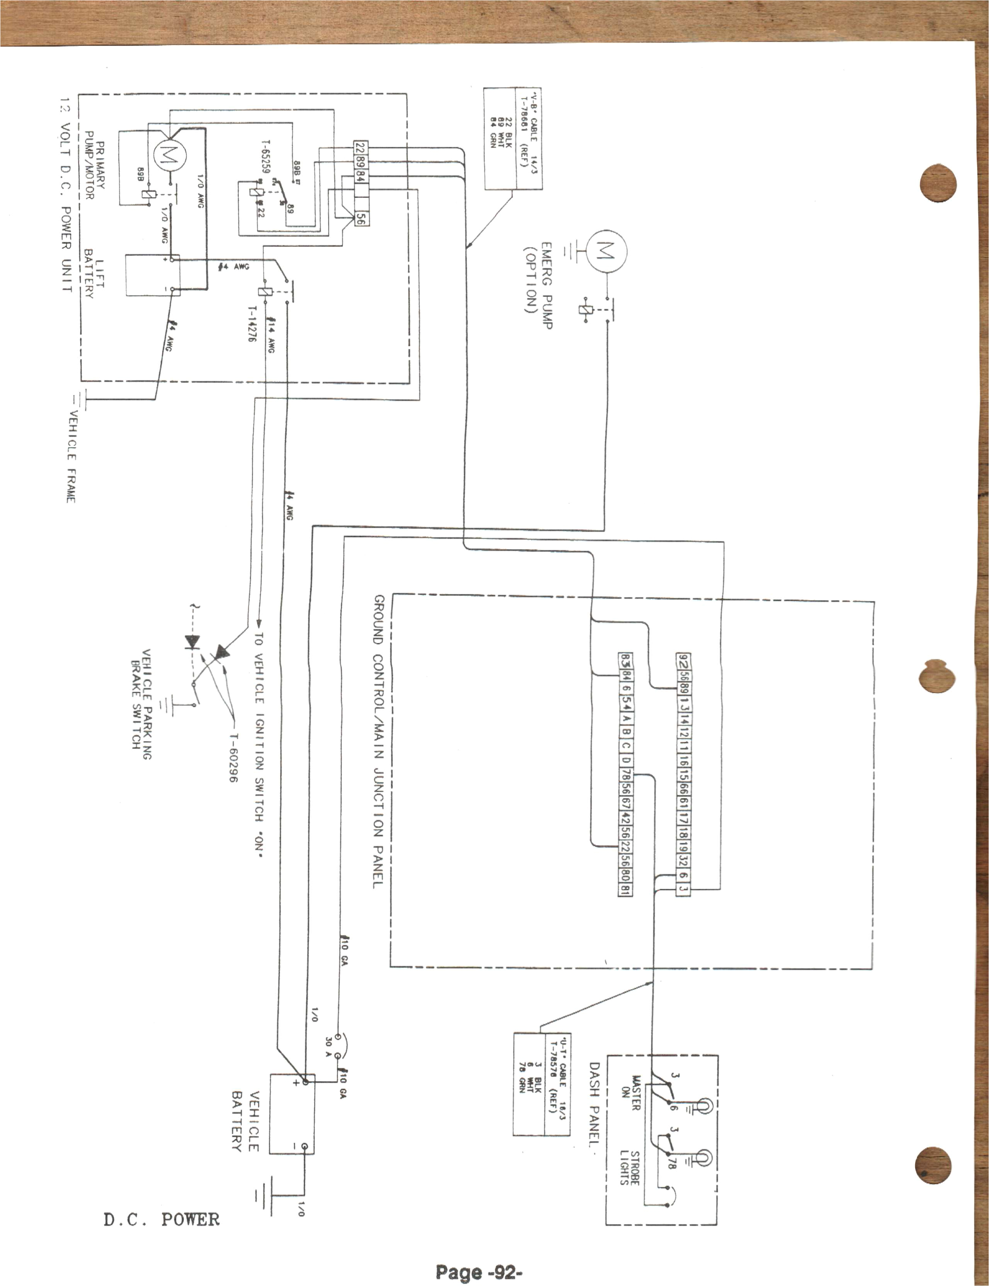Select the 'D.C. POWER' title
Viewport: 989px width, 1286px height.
click(x=161, y=1219)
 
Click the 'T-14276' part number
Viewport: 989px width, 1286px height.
click(x=252, y=324)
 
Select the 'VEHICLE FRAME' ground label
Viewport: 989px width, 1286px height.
click(x=71, y=456)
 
